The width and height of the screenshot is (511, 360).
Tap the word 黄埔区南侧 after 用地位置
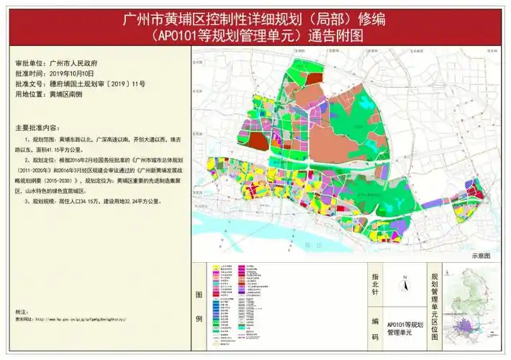click(67, 94)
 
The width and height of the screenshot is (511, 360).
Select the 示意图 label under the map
click(480, 256)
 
